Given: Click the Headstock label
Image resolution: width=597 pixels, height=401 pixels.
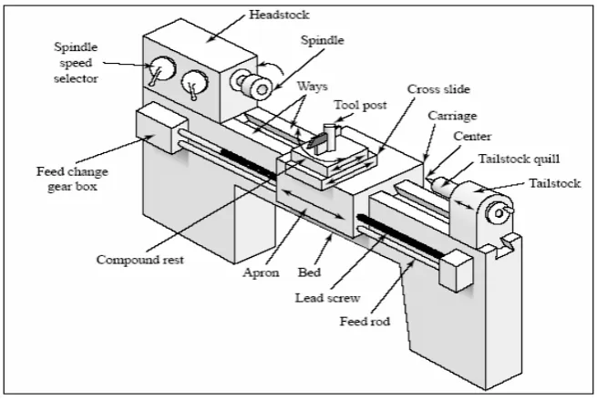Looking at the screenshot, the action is click(279, 15).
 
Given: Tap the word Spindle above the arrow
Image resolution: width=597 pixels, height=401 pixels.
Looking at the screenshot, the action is click(322, 40).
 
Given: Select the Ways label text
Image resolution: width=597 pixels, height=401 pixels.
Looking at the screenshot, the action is click(313, 87).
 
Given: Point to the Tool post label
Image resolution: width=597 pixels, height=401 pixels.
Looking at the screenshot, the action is click(360, 106).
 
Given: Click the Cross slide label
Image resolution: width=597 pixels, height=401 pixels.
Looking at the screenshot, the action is click(438, 89).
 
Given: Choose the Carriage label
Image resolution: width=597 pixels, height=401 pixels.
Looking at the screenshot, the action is click(452, 116).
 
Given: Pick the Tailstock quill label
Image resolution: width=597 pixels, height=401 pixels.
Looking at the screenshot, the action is click(519, 159).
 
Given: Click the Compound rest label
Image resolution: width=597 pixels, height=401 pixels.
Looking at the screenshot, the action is click(140, 260).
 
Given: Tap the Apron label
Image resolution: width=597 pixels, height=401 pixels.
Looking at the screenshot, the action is click(262, 272).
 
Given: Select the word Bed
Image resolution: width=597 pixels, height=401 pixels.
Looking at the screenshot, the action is click(309, 272).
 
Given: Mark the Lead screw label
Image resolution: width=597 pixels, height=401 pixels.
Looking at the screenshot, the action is click(327, 298).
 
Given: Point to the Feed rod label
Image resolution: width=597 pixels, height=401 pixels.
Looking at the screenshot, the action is click(365, 322).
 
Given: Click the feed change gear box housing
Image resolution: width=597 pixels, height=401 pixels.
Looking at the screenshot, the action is click(161, 128).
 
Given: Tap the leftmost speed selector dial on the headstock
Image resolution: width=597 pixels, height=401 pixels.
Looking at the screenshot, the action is click(162, 68).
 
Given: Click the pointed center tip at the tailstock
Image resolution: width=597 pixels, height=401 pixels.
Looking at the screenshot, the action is click(430, 179).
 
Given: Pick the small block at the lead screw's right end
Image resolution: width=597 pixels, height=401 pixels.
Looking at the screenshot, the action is click(456, 271).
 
